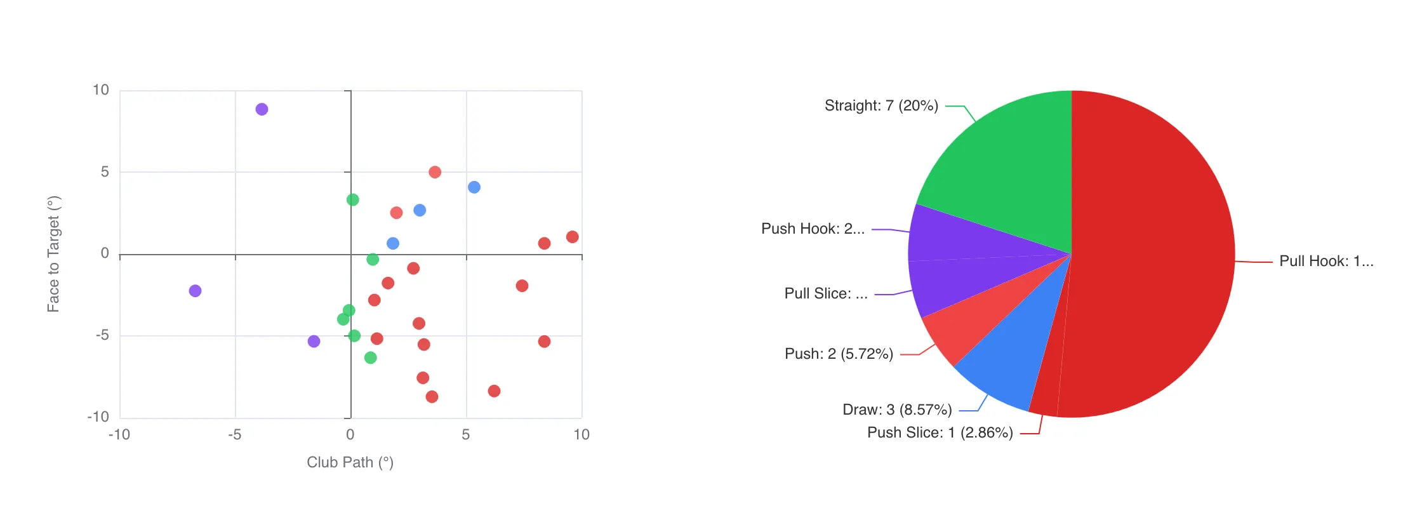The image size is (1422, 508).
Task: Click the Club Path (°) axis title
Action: tap(350, 462)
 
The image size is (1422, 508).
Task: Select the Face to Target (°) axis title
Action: tap(53, 254)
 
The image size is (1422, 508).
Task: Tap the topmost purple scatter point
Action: tap(262, 109)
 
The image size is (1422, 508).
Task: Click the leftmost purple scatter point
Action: tap(195, 291)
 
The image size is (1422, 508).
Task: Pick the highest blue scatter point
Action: tap(474, 187)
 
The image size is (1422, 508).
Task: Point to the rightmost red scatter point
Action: tap(572, 237)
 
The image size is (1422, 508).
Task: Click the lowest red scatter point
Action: tap(432, 397)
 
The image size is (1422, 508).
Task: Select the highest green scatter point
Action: tap(353, 200)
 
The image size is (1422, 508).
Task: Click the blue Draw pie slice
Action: tap(1009, 362)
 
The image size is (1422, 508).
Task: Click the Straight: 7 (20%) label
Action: tap(881, 105)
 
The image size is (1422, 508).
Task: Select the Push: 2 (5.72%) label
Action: tap(839, 354)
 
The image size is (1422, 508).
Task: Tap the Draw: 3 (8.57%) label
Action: tap(897, 410)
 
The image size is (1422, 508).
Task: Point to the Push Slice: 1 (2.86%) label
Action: tap(940, 432)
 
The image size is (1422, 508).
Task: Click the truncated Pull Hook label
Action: tap(1326, 261)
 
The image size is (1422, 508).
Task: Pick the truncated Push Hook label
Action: tap(813, 229)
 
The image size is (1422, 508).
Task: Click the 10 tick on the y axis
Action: tap(101, 90)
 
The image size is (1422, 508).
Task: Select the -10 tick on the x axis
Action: tap(119, 434)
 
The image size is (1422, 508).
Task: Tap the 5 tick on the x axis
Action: tap(466, 434)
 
